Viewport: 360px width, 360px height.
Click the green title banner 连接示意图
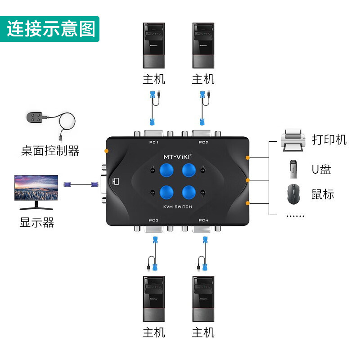point(50,28)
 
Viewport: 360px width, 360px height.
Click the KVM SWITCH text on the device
point(177,207)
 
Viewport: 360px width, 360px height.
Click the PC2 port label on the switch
point(203,143)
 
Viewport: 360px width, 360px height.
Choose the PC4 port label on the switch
point(203,220)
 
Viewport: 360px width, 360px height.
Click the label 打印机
point(329,139)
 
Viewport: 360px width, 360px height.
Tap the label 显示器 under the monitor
point(37,222)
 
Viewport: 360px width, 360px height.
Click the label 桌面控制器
point(50,151)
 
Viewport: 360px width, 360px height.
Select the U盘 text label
point(321,169)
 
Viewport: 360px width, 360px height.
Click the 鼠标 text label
point(323,194)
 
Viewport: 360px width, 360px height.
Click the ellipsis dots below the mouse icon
point(295,216)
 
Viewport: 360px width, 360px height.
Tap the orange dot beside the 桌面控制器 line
point(107,151)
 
